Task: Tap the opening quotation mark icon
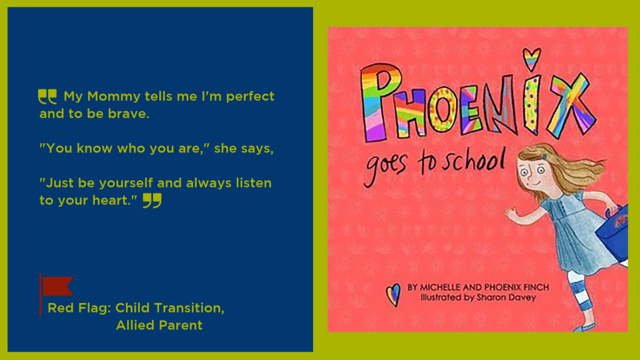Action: (x=47, y=97)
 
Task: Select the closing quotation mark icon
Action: (x=152, y=201)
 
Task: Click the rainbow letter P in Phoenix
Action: (x=379, y=102)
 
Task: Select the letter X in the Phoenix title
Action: (x=572, y=106)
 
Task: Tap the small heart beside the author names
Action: (x=393, y=294)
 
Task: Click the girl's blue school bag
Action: (x=614, y=233)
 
